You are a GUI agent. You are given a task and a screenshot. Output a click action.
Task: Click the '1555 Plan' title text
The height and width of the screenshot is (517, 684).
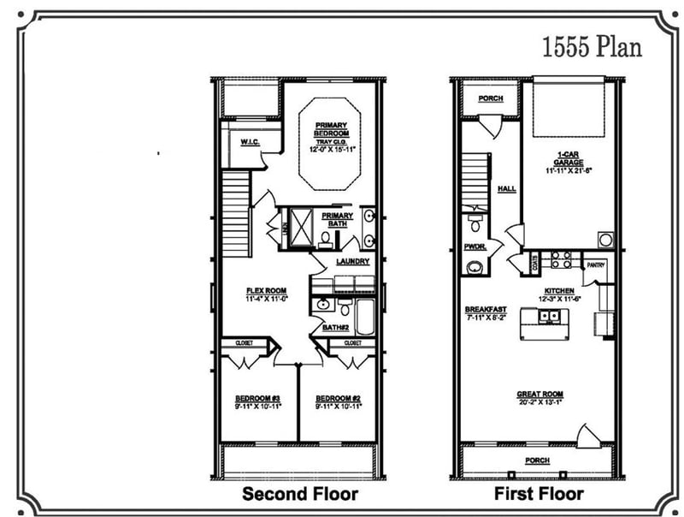click(x=592, y=46)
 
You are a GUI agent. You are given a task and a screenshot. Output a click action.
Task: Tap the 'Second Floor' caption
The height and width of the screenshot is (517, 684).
click(x=299, y=494)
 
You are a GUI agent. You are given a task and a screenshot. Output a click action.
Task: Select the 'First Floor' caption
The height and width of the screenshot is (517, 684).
click(x=539, y=494)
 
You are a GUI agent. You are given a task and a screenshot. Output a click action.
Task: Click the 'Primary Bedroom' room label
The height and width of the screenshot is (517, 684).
click(x=332, y=129)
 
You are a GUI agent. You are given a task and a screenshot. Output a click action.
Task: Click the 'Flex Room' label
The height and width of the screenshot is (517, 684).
click(x=266, y=291)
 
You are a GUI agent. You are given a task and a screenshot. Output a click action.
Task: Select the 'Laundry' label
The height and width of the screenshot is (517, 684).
click(x=352, y=261)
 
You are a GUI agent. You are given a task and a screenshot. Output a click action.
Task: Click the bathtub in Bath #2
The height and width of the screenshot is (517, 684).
click(x=363, y=316)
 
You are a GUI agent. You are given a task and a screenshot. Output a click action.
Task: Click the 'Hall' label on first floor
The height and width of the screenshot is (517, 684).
click(x=506, y=190)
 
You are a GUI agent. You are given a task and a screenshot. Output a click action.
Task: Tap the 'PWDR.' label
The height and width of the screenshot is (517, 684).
click(x=475, y=247)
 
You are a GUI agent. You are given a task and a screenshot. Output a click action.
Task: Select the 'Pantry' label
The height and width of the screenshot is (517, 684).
click(x=596, y=265)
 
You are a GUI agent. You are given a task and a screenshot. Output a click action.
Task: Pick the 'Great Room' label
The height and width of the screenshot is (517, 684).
click(x=540, y=395)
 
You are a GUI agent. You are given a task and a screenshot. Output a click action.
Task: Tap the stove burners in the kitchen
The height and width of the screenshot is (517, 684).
click(x=559, y=259)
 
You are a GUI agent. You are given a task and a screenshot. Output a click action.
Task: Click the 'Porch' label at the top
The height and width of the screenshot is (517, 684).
click(x=490, y=98)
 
